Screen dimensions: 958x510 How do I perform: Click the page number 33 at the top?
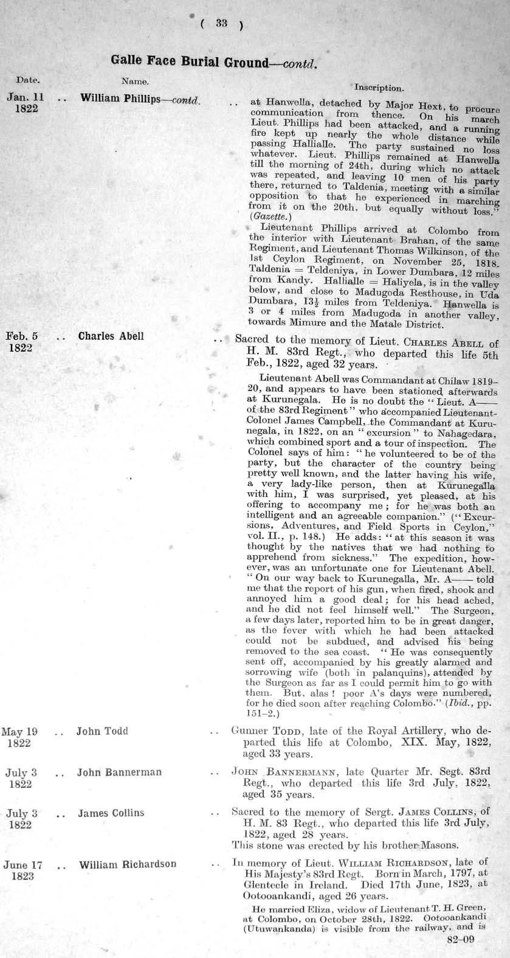click(221, 24)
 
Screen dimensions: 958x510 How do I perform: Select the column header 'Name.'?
click(135, 80)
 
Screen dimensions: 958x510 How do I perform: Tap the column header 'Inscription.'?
click(378, 88)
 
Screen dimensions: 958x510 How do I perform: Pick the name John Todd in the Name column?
click(102, 731)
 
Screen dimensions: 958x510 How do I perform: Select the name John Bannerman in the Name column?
click(119, 772)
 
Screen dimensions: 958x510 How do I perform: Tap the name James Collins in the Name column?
click(111, 813)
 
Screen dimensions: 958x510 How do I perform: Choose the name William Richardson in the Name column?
click(128, 864)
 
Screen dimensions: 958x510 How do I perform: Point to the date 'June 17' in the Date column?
click(22, 864)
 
